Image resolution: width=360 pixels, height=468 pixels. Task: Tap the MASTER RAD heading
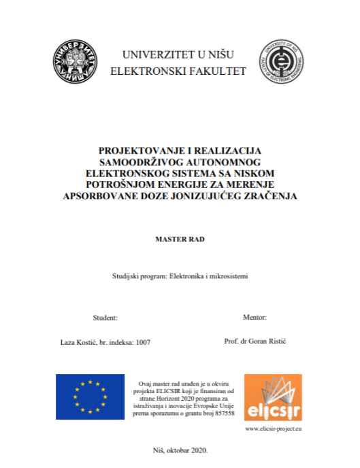(179, 239)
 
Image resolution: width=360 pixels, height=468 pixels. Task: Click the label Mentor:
(255, 318)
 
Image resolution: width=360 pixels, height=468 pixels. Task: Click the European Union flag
(90, 397)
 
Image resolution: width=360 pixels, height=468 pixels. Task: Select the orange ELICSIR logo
(273, 397)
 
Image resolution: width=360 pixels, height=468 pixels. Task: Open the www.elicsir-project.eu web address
(272, 429)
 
